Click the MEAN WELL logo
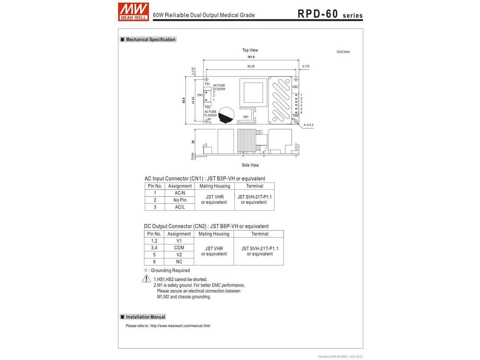click(x=133, y=12)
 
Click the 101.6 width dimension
click(x=251, y=57)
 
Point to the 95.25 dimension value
click(x=251, y=66)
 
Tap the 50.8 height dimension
click(x=183, y=100)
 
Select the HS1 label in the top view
click(x=246, y=117)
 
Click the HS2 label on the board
click(x=295, y=87)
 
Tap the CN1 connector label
click(x=200, y=95)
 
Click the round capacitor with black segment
click(x=226, y=115)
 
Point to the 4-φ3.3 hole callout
click(x=309, y=125)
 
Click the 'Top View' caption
click(x=250, y=50)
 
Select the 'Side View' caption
click(x=250, y=165)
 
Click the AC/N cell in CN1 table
click(x=180, y=193)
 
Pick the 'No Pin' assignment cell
click(x=180, y=200)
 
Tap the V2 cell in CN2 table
click(x=179, y=255)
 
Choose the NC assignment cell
click(x=179, y=262)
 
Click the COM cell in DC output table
click(x=179, y=247)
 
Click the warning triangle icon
click(x=147, y=279)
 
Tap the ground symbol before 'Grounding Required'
click(x=146, y=270)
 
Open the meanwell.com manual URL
click(x=180, y=326)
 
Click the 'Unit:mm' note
click(x=343, y=52)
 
